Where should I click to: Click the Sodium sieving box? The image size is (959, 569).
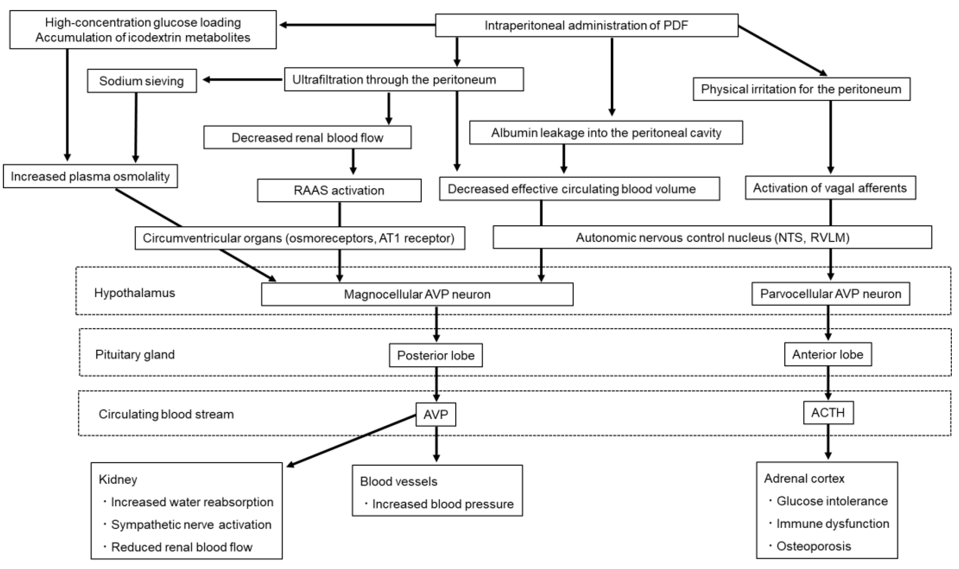click(142, 81)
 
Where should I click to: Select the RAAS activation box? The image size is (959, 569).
click(339, 190)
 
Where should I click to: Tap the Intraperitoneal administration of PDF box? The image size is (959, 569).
click(586, 25)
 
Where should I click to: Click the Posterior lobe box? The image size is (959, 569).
click(435, 355)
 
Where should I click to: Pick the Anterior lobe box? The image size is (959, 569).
click(828, 354)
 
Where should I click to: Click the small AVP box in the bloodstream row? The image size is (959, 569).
click(435, 414)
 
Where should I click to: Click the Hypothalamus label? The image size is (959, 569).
click(135, 293)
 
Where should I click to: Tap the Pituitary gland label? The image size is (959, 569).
click(135, 354)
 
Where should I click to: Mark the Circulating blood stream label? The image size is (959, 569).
click(166, 414)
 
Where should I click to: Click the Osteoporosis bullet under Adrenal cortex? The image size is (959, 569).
click(813, 546)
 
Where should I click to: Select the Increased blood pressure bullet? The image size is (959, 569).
click(442, 504)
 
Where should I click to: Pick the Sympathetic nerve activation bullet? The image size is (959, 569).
click(191, 524)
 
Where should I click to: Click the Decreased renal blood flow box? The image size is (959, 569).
click(307, 137)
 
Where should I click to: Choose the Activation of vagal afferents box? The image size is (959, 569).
click(830, 188)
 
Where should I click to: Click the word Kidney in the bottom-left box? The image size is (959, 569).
click(118, 479)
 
